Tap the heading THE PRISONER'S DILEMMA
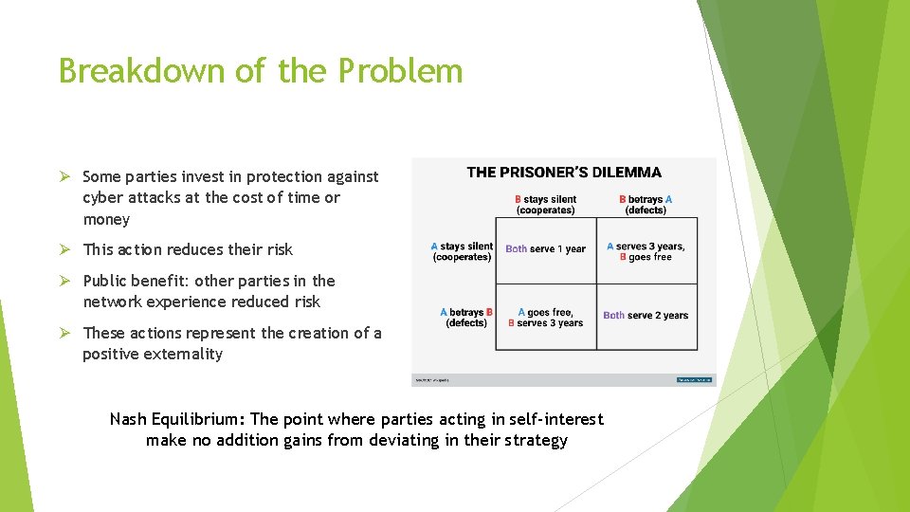tap(564, 173)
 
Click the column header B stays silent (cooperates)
tap(545, 205)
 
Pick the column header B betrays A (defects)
tap(646, 205)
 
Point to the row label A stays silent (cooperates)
tap(462, 251)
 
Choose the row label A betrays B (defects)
tap(465, 318)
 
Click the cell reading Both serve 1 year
tap(546, 249)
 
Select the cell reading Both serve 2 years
tap(646, 316)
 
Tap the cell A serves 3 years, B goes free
tap(646, 251)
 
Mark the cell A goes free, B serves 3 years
tap(545, 318)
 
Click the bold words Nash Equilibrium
tap(177, 419)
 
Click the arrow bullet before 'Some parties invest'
tap(64, 177)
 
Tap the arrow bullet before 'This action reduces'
tap(64, 250)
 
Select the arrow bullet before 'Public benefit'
tap(64, 282)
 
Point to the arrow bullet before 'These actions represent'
tap(64, 334)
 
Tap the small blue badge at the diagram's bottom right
tap(696, 379)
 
